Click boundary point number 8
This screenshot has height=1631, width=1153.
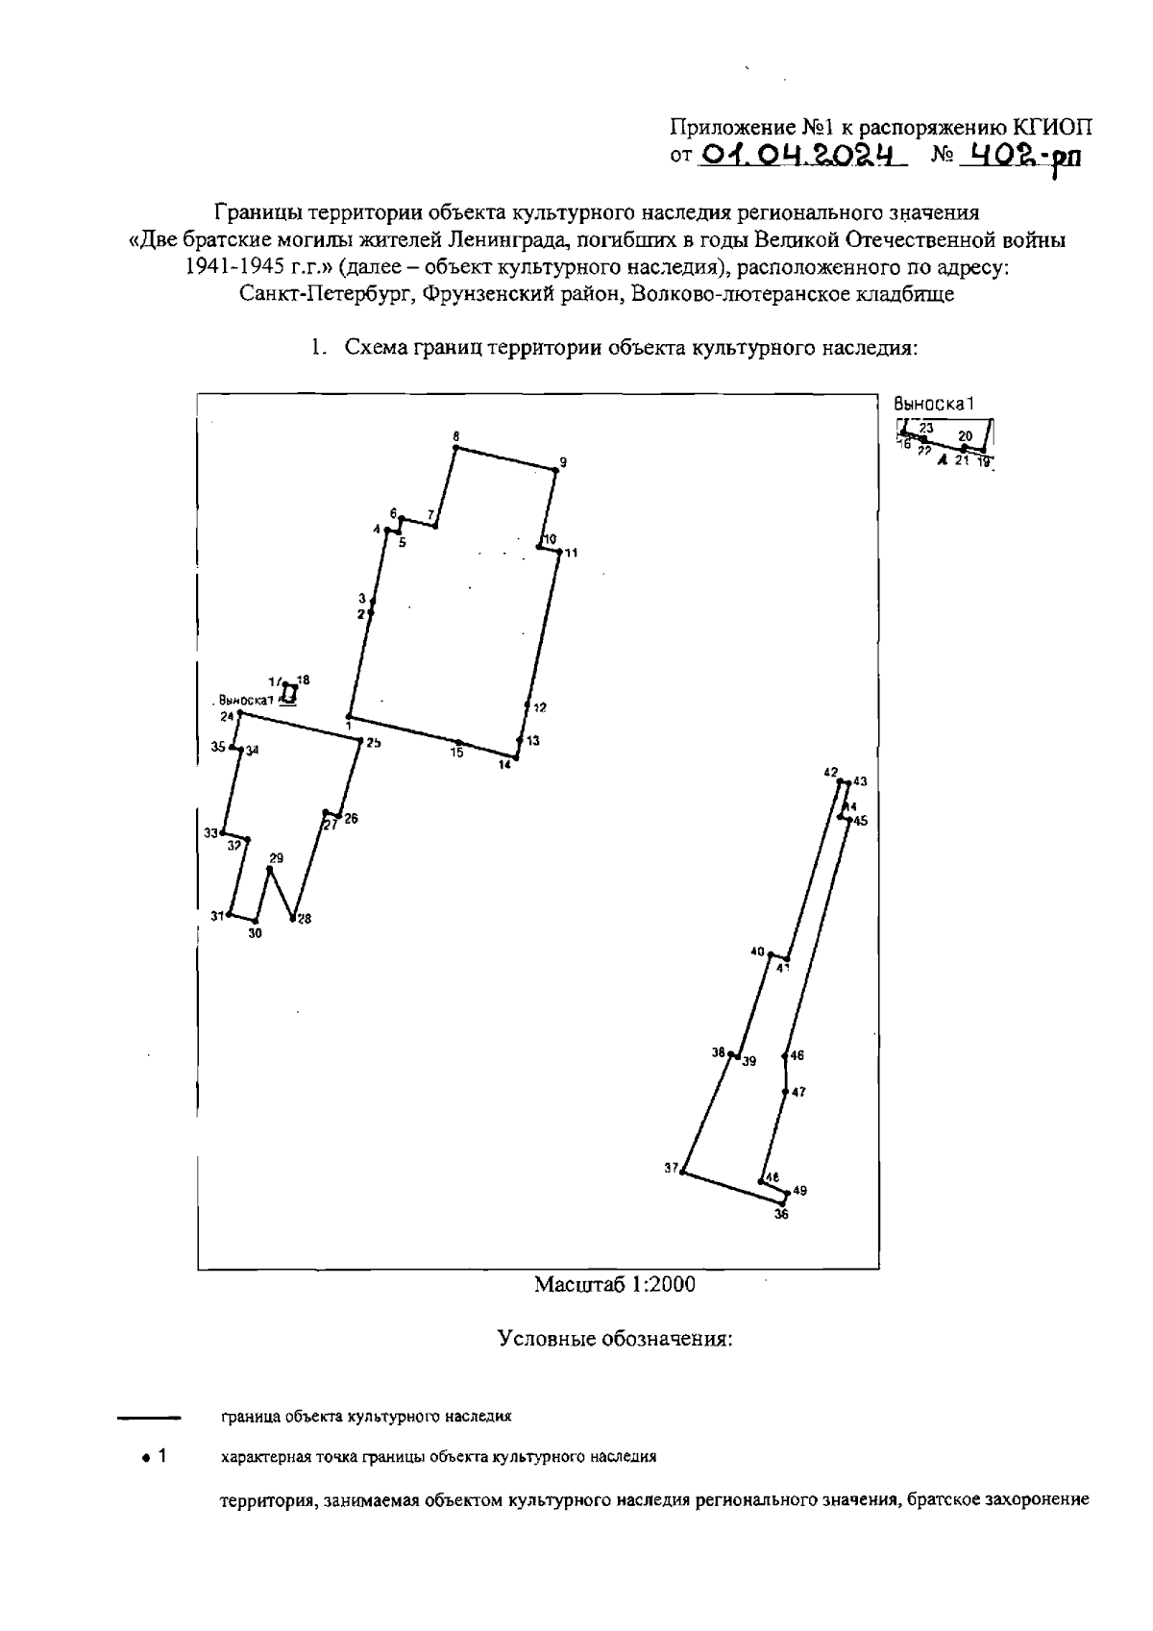coord(454,447)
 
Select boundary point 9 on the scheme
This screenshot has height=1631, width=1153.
coord(555,470)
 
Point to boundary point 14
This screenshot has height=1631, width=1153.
coord(515,757)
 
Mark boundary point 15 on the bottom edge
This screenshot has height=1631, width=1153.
coord(458,743)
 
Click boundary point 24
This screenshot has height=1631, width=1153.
coord(239,713)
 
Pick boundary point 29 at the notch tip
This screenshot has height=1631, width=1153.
coord(270,869)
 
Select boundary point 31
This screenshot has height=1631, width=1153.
coord(230,915)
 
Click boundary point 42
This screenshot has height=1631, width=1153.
coord(839,780)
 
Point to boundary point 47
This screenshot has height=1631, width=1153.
coord(785,1092)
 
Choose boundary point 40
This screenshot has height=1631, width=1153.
coord(770,954)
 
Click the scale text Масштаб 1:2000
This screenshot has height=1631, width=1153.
coord(615,1284)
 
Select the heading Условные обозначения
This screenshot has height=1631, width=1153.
coord(615,1339)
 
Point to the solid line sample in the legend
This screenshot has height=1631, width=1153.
coord(149,1418)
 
